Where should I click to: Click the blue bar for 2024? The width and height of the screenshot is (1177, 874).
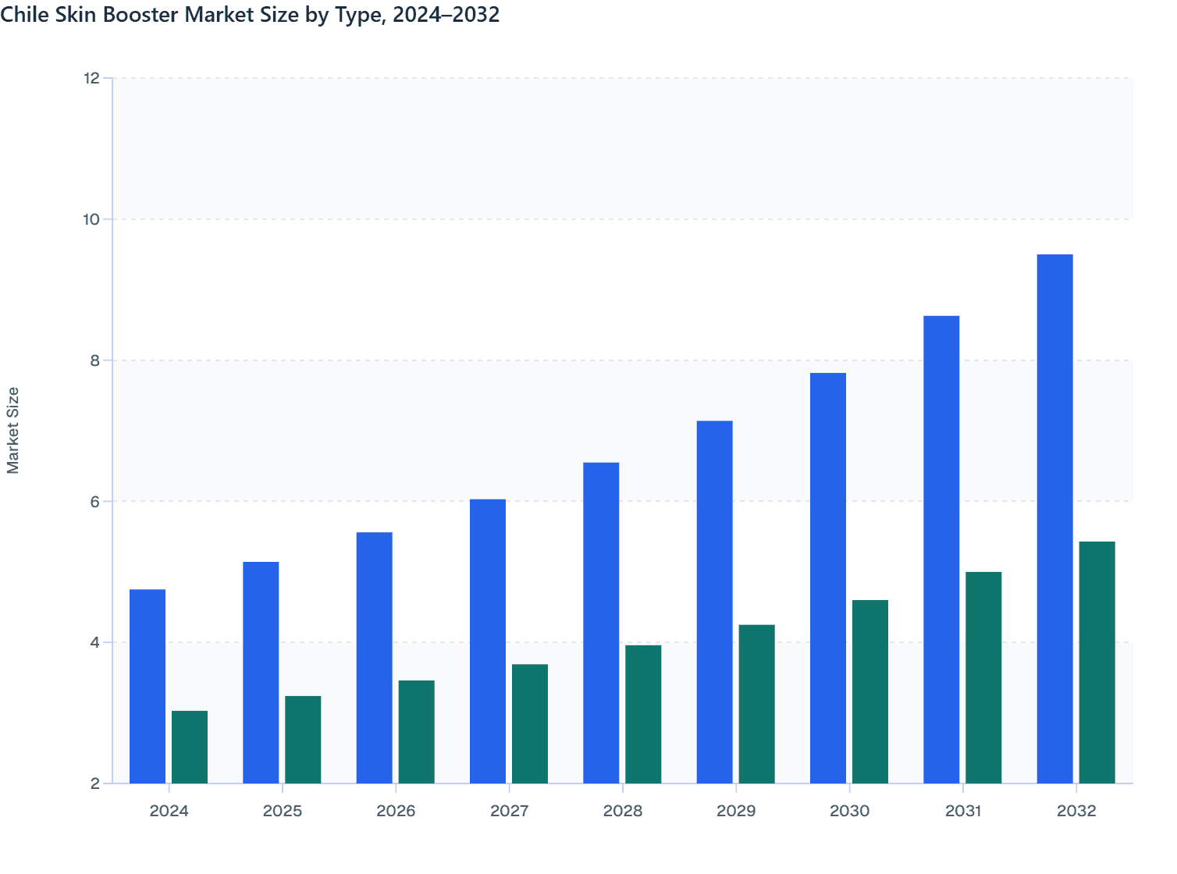coord(148,686)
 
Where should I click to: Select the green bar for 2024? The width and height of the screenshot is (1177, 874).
coord(190,747)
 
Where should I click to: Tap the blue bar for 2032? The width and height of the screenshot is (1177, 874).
coord(1054,519)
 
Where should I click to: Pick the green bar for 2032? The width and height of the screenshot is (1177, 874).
coord(1097,663)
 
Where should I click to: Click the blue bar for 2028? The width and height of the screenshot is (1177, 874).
coord(601,623)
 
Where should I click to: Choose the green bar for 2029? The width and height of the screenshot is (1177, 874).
coord(756,704)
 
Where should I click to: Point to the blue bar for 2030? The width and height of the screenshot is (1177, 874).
coord(827,578)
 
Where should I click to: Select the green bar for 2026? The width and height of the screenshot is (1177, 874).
coord(416,732)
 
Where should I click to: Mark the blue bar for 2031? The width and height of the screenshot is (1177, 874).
coord(941,549)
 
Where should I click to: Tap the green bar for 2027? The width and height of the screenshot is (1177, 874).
coord(530,723)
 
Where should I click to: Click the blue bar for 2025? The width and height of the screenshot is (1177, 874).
coord(261,673)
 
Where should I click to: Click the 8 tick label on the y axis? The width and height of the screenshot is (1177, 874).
coord(94,361)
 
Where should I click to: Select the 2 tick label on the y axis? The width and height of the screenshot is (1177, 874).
coord(94,783)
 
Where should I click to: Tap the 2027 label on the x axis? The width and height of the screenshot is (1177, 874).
coord(509,811)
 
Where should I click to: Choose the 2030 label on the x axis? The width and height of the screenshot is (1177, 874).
coord(849,811)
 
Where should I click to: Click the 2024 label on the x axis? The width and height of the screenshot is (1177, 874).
coord(169,811)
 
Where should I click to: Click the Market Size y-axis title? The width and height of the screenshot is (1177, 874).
coord(13,430)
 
